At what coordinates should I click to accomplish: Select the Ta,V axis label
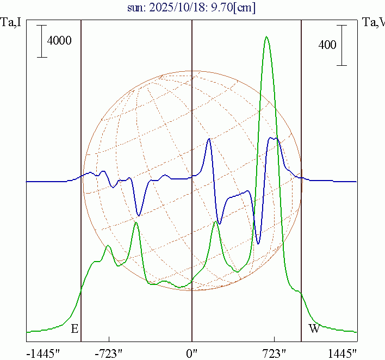pos(373,22)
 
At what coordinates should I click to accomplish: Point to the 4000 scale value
pos(59,41)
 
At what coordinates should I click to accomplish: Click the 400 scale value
pos(327,45)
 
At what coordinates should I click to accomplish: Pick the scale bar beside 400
pos(341,45)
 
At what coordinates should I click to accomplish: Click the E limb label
pos(74,329)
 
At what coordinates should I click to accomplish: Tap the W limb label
pos(314,329)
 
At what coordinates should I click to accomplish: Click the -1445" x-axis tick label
pos(44,353)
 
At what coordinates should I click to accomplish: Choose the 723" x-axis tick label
pos(275,353)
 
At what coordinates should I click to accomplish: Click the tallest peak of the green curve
pos(266,37)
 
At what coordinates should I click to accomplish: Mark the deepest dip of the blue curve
pos(258,244)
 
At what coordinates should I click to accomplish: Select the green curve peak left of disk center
pos(136,223)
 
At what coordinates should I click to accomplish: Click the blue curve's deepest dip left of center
pos(139,215)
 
